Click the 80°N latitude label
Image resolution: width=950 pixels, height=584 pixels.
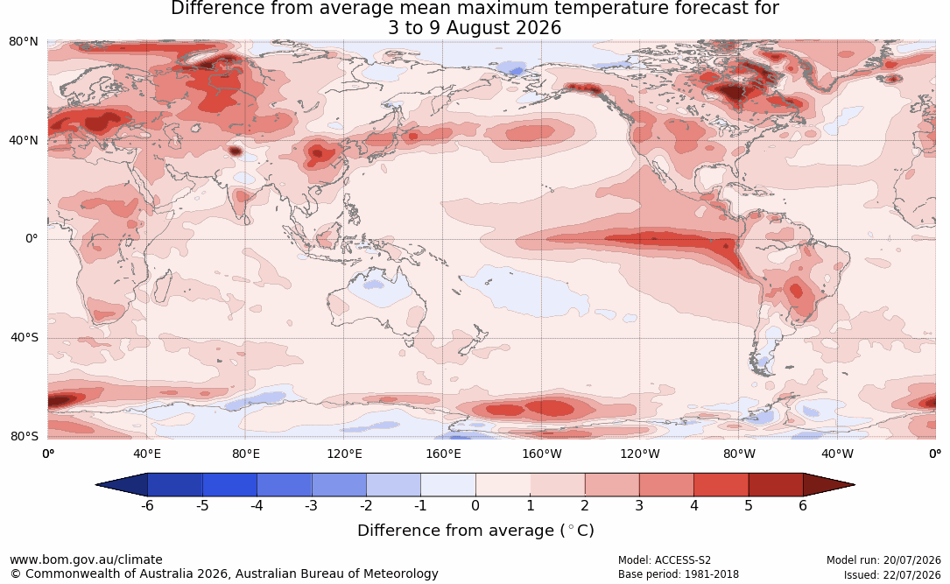23,41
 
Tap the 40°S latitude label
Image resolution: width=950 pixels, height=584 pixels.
24,337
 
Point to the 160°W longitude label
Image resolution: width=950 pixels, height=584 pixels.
541,454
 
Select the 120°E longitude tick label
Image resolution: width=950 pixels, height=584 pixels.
344,454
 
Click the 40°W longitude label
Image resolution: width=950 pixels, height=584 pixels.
837,454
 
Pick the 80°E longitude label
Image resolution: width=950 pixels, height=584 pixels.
245,454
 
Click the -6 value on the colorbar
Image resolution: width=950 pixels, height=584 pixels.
147,505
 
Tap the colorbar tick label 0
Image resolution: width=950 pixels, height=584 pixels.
475,505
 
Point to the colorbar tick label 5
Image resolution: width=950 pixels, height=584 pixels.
749,505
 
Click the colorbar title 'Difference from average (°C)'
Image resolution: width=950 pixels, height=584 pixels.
475,531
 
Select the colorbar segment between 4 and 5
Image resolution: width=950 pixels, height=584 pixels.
721,485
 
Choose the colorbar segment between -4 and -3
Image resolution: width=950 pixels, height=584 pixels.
285,485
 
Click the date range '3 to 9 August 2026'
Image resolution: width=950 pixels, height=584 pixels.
475,28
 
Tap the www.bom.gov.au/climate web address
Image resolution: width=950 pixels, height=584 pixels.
86,559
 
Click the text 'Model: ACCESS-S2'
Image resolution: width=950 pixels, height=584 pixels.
664,560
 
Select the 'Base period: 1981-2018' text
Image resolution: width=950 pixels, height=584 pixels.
678,574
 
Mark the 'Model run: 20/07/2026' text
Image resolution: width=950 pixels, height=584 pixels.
883,560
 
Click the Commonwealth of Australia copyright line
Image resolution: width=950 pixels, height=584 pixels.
223,573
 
